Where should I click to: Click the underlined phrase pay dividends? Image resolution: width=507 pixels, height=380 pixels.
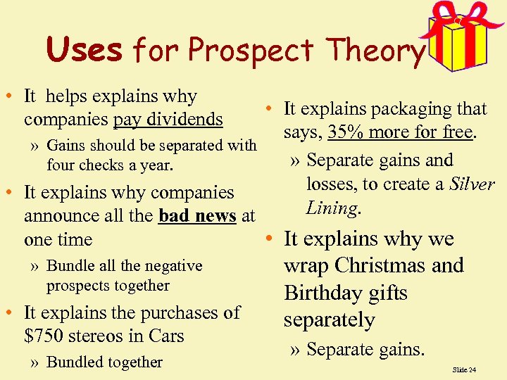(x=168, y=120)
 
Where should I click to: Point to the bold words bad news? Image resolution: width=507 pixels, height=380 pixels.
(x=197, y=216)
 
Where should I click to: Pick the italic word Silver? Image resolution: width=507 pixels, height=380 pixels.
(x=471, y=184)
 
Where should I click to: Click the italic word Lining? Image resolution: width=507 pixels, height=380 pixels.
(x=332, y=208)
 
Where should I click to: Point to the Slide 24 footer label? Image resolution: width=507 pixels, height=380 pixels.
(x=464, y=369)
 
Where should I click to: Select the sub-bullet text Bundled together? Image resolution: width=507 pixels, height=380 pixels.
(x=104, y=362)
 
